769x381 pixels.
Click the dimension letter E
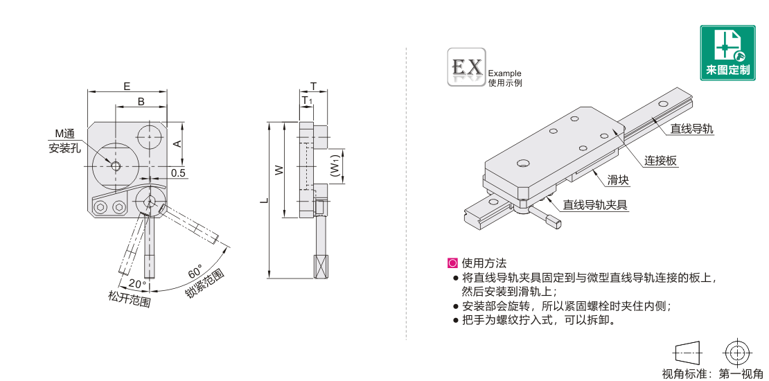pyautogui.click(x=127, y=87)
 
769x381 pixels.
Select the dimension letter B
pyautogui.click(x=141, y=102)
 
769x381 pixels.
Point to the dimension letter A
pyautogui.click(x=179, y=143)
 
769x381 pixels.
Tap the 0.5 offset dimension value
pyautogui.click(x=178, y=172)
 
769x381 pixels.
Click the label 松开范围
pyautogui.click(x=129, y=298)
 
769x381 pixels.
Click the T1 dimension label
pyautogui.click(x=307, y=100)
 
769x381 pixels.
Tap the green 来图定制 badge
pyautogui.click(x=728, y=53)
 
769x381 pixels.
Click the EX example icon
pyautogui.click(x=466, y=67)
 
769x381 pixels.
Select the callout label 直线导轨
pyautogui.click(x=692, y=129)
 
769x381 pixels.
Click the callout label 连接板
pyautogui.click(x=661, y=160)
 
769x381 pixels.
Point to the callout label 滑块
pyautogui.click(x=619, y=180)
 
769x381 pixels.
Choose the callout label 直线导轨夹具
pyautogui.click(x=595, y=204)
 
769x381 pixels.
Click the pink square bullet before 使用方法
pyautogui.click(x=452, y=263)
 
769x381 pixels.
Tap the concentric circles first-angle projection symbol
pyautogui.click(x=736, y=353)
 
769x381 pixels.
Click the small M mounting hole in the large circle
pyautogui.click(x=116, y=166)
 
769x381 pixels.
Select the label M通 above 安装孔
pyautogui.click(x=64, y=134)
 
